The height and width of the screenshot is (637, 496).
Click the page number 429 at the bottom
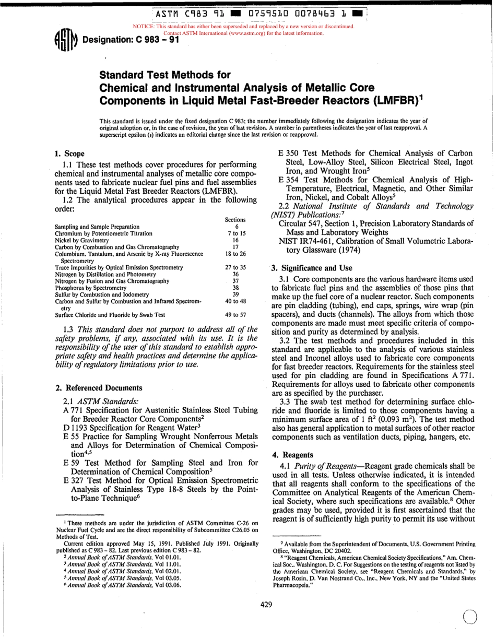[x=266, y=605]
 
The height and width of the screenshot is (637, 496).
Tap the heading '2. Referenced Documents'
[x=99, y=387]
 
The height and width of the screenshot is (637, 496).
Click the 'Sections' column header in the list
[x=235, y=220]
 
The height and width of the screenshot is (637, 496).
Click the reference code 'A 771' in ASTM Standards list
[x=72, y=410]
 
